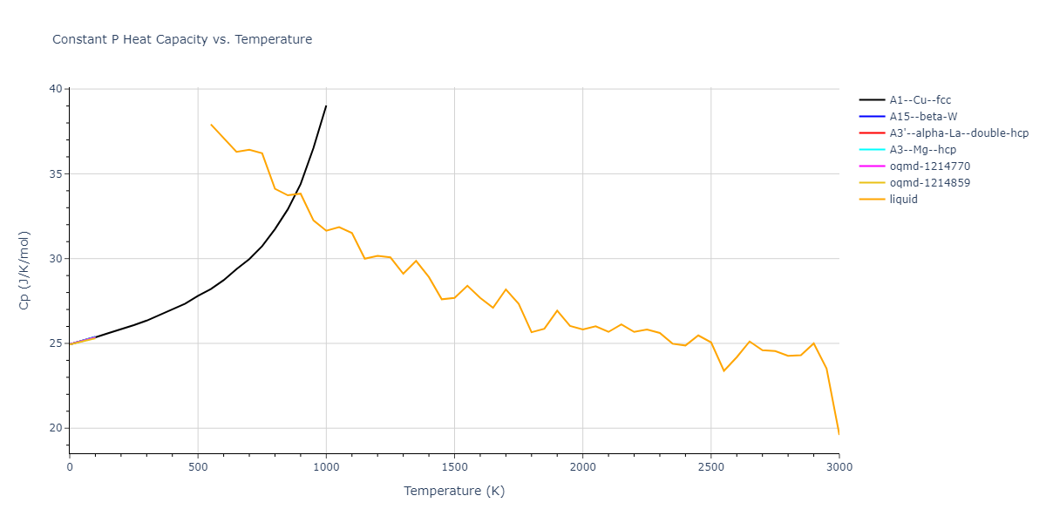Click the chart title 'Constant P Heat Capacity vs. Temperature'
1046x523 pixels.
[182, 39]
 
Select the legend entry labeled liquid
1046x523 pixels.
[903, 200]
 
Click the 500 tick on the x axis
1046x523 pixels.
[198, 466]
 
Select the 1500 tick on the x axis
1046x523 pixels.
[454, 466]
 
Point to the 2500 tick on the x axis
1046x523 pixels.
[710, 466]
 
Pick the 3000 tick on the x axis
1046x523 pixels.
[839, 466]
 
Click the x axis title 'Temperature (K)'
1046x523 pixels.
[454, 491]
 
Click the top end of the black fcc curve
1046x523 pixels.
[326, 106]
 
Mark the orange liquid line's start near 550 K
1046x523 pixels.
[211, 125]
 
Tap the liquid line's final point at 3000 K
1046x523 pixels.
[839, 434]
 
